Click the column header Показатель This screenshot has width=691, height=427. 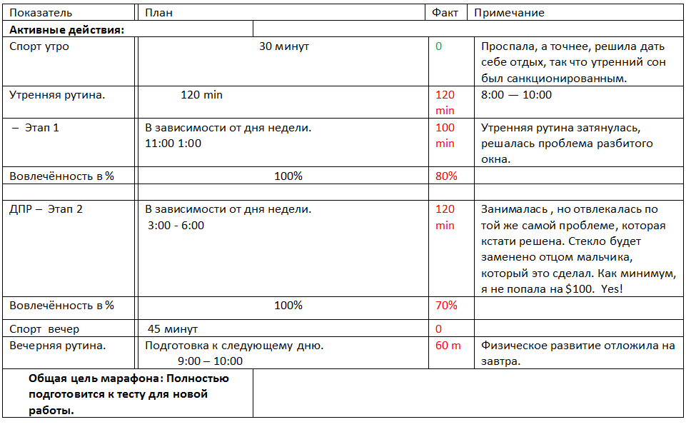click(41, 13)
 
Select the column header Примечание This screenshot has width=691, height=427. click(509, 13)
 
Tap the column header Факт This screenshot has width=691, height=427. click(445, 13)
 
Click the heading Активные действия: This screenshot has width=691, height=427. click(67, 30)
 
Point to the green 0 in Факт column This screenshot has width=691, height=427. click(438, 46)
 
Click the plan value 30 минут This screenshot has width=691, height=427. click(283, 46)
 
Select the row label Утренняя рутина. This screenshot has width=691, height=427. click(57, 94)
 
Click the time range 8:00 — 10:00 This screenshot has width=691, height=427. click(516, 94)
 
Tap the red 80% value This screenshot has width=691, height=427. click(445, 176)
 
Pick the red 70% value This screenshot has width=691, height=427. click(445, 306)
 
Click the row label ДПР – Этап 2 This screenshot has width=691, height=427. click(46, 209)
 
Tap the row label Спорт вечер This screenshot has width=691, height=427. click(44, 329)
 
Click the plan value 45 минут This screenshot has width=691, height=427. click(173, 329)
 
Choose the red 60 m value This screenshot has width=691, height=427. click(448, 346)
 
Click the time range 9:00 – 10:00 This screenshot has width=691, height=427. click(210, 361)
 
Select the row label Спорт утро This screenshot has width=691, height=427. click(39, 46)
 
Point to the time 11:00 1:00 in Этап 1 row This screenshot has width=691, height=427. click(173, 143)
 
